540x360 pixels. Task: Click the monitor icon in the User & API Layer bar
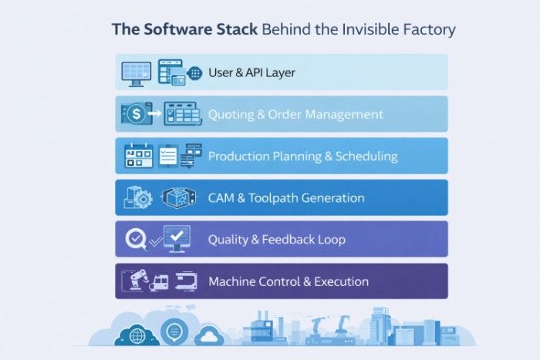click(136, 72)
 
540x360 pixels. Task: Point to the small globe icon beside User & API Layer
click(195, 73)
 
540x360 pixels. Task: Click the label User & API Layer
click(251, 73)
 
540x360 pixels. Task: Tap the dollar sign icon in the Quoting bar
click(135, 115)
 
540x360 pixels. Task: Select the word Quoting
click(230, 115)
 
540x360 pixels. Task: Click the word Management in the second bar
click(344, 115)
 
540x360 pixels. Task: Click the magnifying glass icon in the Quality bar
click(136, 239)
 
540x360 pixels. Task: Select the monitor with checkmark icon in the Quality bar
click(177, 238)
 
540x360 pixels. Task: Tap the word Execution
click(342, 281)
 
